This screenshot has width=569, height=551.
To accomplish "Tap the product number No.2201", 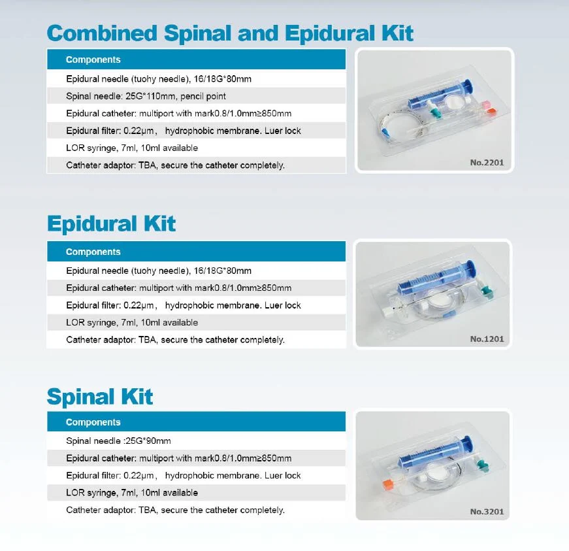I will [487, 163].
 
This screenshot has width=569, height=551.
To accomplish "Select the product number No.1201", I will [487, 339].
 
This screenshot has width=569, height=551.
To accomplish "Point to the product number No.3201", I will [487, 511].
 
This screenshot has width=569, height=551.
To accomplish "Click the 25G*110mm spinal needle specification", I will [141, 96].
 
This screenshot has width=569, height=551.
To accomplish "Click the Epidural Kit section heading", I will [111, 224].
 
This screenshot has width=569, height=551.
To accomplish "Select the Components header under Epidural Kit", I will [93, 252].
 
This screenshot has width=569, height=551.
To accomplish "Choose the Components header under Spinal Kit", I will [93, 422].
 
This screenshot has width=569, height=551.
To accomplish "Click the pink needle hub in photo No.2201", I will [485, 105].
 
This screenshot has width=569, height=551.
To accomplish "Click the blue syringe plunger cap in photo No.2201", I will [468, 85].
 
